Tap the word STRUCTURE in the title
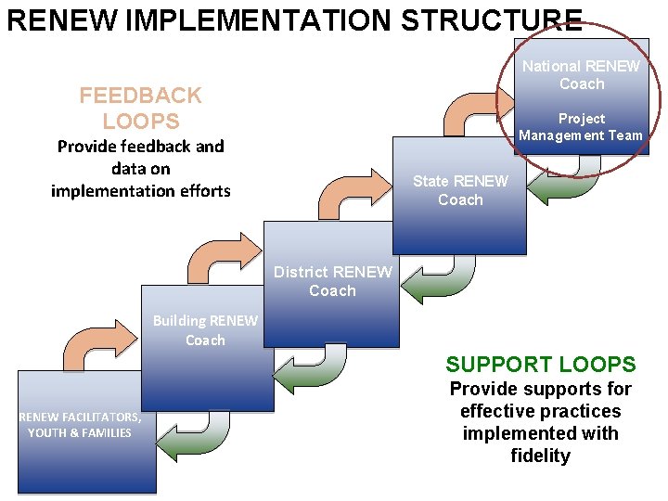tap(492, 20)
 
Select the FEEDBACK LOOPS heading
tap(140, 108)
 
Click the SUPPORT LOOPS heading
tap(540, 365)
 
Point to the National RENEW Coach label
tap(581, 75)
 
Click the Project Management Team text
tap(581, 127)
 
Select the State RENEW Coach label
tap(460, 190)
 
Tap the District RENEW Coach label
tap(332, 281)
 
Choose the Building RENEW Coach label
tap(205, 330)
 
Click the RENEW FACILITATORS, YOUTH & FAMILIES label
tap(80, 425)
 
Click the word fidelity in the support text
tap(540, 456)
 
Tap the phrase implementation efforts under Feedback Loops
tap(140, 190)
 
